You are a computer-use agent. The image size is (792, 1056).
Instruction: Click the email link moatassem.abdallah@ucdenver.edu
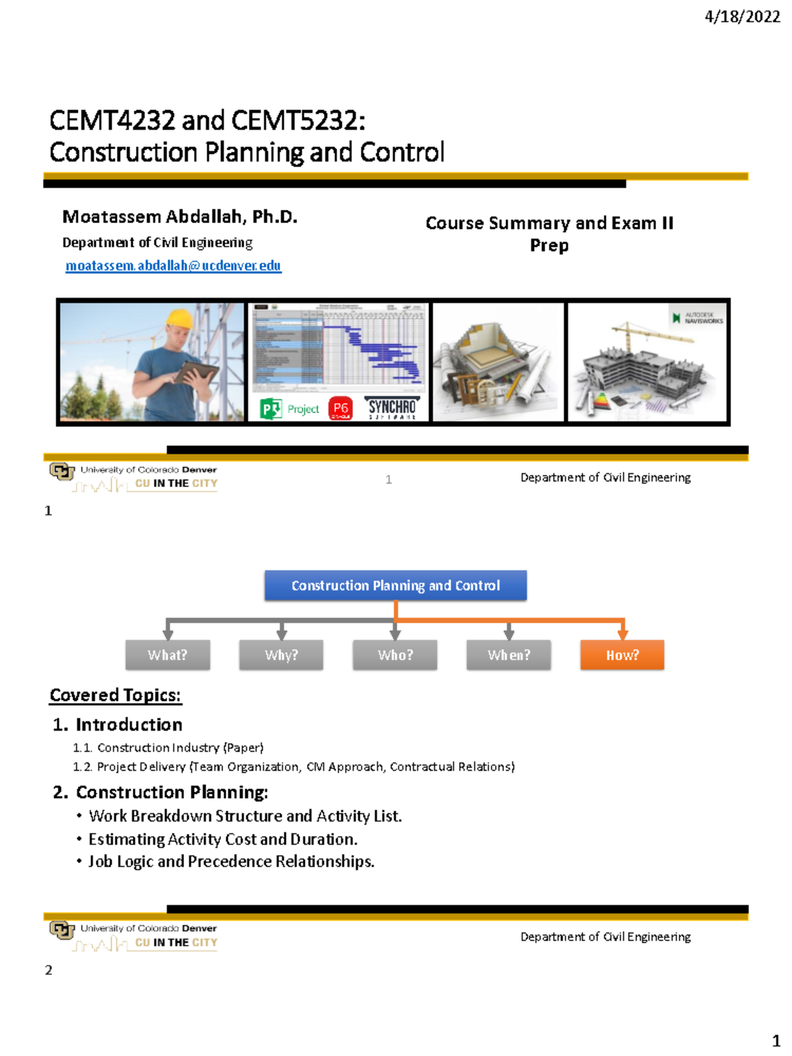(x=173, y=265)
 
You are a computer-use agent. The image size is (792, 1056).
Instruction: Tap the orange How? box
(x=622, y=655)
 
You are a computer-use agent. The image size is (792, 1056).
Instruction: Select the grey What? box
(x=168, y=655)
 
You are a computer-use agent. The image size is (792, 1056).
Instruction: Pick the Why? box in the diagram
(x=281, y=655)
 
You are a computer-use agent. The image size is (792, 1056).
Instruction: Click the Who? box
(x=395, y=655)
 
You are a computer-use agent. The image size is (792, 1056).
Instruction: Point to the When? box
(x=508, y=655)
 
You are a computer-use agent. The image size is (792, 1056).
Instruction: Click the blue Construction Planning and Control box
(x=395, y=585)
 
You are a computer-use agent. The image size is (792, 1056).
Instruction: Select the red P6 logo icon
(x=341, y=409)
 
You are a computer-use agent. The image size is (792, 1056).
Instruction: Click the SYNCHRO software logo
(x=392, y=408)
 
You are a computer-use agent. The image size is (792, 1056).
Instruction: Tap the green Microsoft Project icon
(x=271, y=409)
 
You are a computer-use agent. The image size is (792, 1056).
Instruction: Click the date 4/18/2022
(x=742, y=16)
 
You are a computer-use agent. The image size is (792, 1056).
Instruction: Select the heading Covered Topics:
(x=115, y=695)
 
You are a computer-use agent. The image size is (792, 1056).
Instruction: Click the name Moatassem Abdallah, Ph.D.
(x=180, y=216)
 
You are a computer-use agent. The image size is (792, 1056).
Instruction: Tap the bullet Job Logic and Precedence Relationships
(x=231, y=861)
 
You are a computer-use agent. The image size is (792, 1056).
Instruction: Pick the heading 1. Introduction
(x=117, y=725)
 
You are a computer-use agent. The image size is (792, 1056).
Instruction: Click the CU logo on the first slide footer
(x=61, y=471)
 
